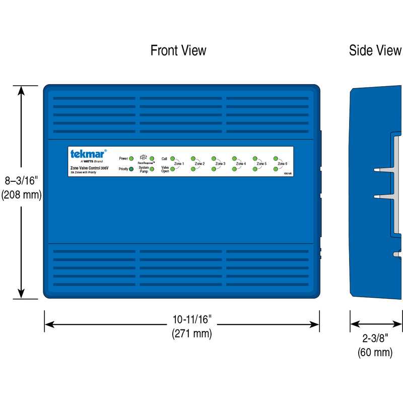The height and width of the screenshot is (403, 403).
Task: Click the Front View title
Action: pyautogui.click(x=178, y=50)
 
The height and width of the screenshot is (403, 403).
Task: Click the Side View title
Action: pyautogui.click(x=375, y=50)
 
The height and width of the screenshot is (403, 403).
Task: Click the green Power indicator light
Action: pyautogui.click(x=131, y=159)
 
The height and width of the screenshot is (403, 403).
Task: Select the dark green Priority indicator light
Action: pyautogui.click(x=131, y=169)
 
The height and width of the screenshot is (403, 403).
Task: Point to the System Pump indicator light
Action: pyautogui.click(x=152, y=169)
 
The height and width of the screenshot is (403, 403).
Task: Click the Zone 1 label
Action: pyautogui.click(x=179, y=164)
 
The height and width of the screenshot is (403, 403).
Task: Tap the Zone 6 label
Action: pyautogui.click(x=282, y=164)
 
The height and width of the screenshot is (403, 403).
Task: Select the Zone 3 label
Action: pyautogui.click(x=220, y=164)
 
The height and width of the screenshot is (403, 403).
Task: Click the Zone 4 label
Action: pyautogui.click(x=241, y=164)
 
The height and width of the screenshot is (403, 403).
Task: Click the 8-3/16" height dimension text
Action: pyautogui.click(x=21, y=180)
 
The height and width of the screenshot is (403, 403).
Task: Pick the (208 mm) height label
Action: pyautogui.click(x=21, y=194)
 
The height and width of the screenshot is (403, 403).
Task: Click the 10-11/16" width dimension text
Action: pyautogui.click(x=192, y=319)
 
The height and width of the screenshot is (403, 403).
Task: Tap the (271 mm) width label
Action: pyautogui.click(x=192, y=333)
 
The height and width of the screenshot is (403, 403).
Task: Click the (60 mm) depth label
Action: pyautogui.click(x=375, y=352)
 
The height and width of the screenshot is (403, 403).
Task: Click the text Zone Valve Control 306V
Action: pyautogui.click(x=89, y=168)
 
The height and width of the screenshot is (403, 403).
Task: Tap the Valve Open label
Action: pyautogui.click(x=165, y=169)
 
